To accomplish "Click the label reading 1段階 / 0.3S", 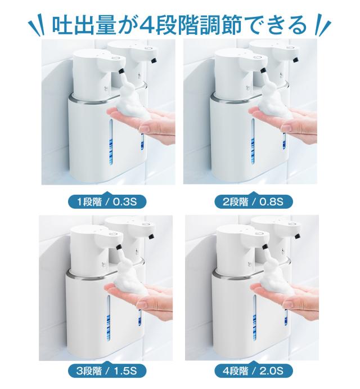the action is coord(107,202).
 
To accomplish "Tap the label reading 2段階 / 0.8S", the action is coord(253,202).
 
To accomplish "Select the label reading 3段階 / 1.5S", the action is coord(107,371).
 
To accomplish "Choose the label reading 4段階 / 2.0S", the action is coord(253,371).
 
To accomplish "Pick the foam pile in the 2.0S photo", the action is coord(276,279).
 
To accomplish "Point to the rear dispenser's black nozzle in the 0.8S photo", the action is coord(295,60).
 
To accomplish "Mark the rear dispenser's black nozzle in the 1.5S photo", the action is coord(151,236).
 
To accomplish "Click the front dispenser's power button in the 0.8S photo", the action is coord(258,59).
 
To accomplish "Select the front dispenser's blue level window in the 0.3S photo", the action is coord(111,142).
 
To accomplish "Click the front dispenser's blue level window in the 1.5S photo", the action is coord(109,318).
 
